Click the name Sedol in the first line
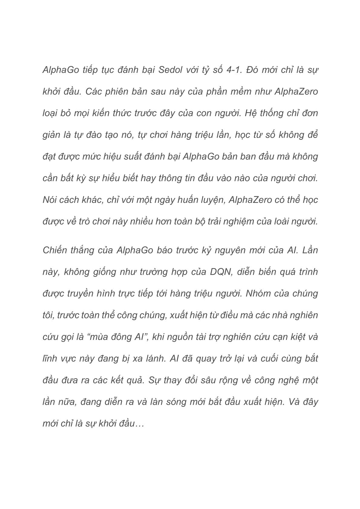tap(170, 70)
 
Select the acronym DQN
tap(221, 272)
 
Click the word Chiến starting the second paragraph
tap(55, 250)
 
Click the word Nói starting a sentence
tap(50, 200)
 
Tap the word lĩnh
tap(49, 358)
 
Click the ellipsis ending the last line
tap(139, 423)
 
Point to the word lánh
tap(152, 358)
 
